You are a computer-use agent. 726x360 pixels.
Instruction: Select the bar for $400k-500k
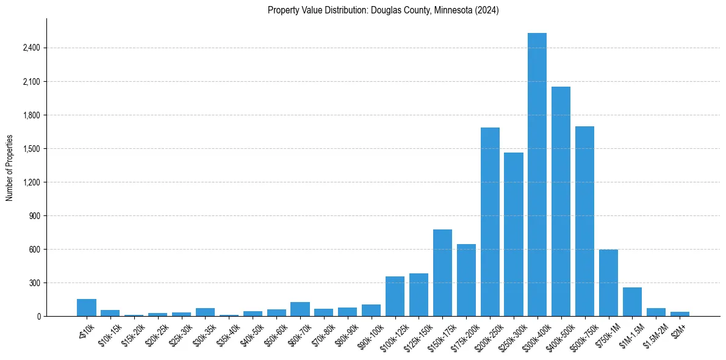561,201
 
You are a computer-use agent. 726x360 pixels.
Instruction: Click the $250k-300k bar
514,234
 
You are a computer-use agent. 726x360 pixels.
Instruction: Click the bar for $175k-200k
466,280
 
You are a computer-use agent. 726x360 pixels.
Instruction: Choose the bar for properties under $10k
87,308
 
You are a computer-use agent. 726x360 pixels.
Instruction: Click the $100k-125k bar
395,297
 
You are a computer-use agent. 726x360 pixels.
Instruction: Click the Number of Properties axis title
9,168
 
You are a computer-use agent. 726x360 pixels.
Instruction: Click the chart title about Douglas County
383,10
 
